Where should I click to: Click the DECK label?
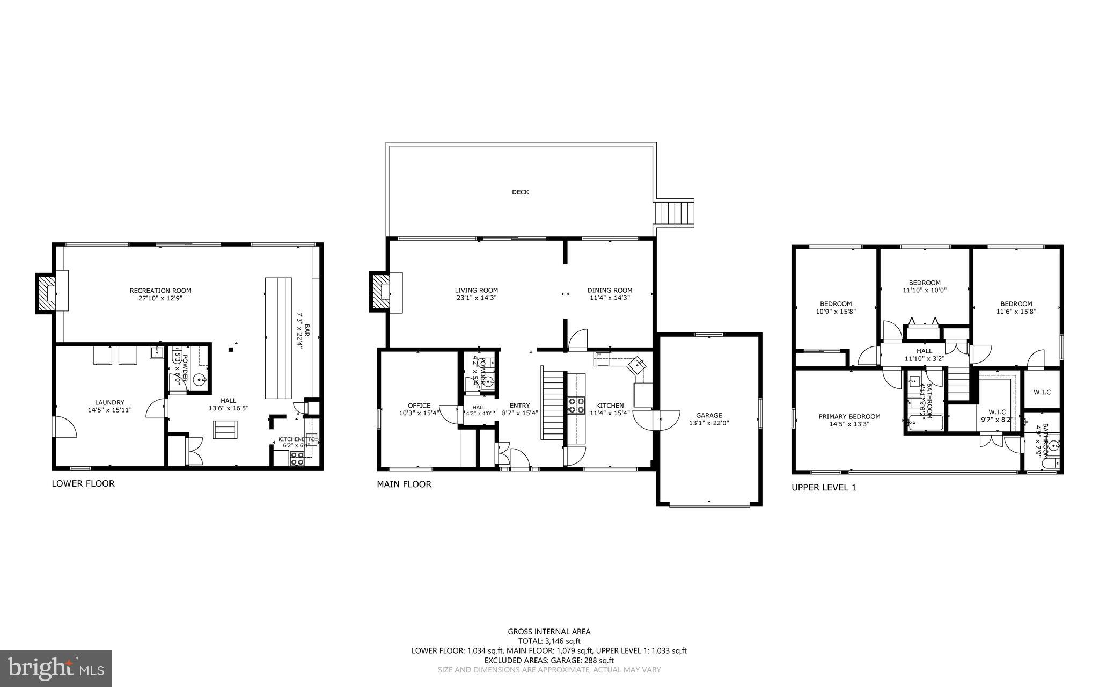click(x=520, y=192)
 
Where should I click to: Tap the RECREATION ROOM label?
click(x=160, y=291)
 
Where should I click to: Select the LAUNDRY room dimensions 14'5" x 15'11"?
click(x=109, y=410)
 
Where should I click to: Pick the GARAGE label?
click(x=709, y=415)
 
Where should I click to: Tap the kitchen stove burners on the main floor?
click(x=577, y=405)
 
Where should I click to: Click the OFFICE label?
click(x=419, y=406)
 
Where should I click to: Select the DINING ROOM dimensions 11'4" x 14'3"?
click(x=610, y=298)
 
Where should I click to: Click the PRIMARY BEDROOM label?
click(x=849, y=416)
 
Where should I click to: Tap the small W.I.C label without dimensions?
click(x=1042, y=392)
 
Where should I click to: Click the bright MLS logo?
click(x=56, y=668)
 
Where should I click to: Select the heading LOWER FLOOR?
click(x=83, y=483)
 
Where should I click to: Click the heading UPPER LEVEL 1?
click(x=824, y=488)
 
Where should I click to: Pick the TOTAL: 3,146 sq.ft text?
click(x=548, y=641)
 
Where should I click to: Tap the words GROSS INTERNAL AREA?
click(x=548, y=632)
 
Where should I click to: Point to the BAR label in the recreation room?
click(x=307, y=328)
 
